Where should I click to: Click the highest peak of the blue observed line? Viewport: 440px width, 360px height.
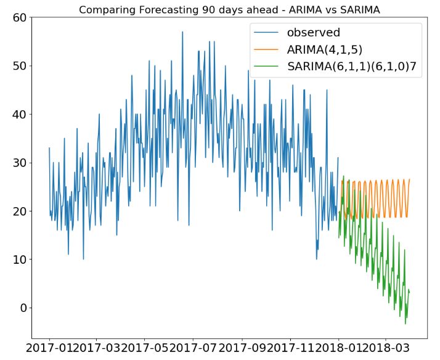click(182, 31)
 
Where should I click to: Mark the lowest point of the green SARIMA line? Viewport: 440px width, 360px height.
click(405, 324)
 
